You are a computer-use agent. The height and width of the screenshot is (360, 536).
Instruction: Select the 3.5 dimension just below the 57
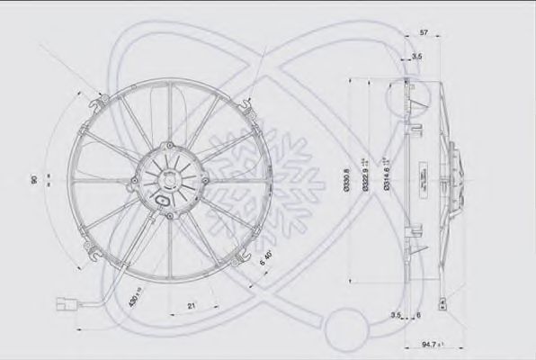pyautogui.click(x=416, y=55)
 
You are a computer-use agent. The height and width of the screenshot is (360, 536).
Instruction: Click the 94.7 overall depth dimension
pyautogui.click(x=435, y=344)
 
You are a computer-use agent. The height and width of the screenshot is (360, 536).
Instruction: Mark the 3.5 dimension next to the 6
pyautogui.click(x=398, y=315)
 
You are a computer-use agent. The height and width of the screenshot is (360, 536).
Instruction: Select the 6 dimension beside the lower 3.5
pyautogui.click(x=419, y=315)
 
